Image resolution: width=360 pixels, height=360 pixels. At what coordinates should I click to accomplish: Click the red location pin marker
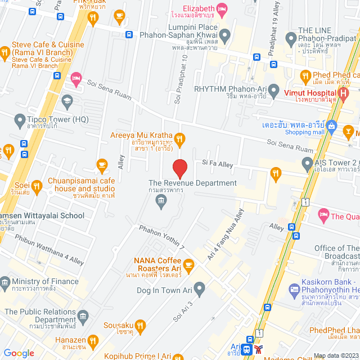(x=179, y=168)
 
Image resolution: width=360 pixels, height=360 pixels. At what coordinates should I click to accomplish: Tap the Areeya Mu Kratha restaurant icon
(x=179, y=138)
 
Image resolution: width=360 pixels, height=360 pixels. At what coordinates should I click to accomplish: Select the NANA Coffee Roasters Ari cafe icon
(x=188, y=263)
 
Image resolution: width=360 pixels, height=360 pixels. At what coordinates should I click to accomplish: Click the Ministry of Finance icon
(x=5, y=281)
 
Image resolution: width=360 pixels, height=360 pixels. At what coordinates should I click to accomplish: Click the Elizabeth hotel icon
(x=222, y=8)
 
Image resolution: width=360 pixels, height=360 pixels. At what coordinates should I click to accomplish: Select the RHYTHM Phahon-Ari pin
(x=274, y=89)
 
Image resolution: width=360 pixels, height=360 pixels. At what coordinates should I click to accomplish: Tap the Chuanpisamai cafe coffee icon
(x=102, y=165)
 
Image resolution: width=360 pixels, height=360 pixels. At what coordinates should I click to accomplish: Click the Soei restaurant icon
(x=37, y=185)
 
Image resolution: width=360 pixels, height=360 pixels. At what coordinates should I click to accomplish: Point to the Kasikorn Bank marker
(x=294, y=290)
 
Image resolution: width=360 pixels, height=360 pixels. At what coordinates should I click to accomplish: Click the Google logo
(x=19, y=353)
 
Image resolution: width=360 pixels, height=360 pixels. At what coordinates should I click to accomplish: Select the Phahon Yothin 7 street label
(x=161, y=236)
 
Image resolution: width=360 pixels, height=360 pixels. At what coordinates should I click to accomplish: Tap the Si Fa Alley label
(x=217, y=164)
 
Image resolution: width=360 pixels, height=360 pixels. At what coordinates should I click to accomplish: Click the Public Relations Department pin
(x=83, y=316)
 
